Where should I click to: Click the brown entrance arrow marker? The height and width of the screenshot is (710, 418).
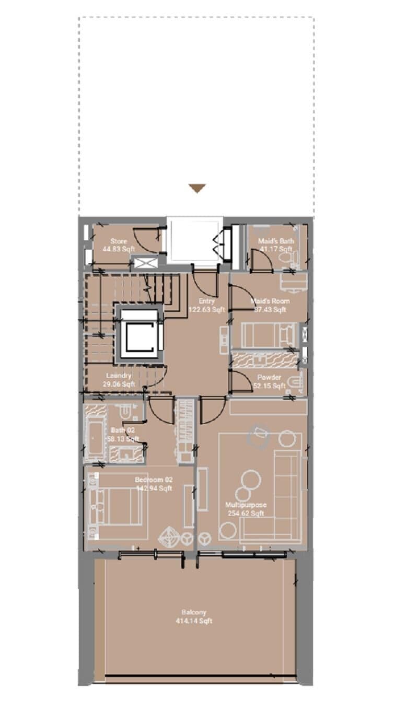coord(197,189)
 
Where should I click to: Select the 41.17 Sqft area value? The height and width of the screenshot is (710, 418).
coord(275,249)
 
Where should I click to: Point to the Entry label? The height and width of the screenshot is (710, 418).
coord(206,301)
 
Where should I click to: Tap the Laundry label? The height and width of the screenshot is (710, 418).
coord(119,376)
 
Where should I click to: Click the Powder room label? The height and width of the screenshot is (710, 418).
coord(270,378)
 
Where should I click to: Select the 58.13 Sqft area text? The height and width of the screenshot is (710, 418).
coord(123,439)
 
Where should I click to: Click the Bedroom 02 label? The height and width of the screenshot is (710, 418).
coord(154,480)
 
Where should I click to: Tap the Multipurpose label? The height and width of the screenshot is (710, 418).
coord(246,505)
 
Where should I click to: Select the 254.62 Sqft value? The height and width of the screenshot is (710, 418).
coord(246,514)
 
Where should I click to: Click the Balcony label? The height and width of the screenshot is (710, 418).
coord(194,612)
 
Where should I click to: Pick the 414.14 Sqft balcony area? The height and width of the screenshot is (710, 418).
coord(194,621)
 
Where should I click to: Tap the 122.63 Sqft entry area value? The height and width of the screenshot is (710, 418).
coord(206,310)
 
